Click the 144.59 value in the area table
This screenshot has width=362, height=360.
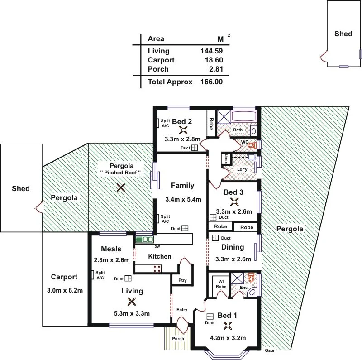pos(211,51)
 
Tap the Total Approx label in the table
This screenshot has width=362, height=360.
pos(170,82)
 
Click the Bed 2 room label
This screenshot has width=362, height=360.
pos(182,121)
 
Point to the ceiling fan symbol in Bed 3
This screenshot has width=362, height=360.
pos(234,202)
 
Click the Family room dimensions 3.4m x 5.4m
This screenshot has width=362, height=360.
pos(183,199)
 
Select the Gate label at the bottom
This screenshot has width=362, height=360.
pos(269,350)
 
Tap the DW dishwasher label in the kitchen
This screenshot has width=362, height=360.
pos(157,247)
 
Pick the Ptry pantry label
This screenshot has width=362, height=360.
pos(182,281)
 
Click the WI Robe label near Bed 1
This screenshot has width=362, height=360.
pos(220,284)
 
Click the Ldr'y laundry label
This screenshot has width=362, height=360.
pos(242,169)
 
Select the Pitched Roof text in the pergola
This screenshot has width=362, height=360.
pos(120,173)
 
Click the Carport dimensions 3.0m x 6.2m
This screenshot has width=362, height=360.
pos(64,291)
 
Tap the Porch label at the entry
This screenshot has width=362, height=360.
pos(178,339)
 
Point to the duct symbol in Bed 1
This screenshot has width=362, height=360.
pos(210,317)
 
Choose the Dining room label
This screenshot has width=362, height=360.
pos(233,247)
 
